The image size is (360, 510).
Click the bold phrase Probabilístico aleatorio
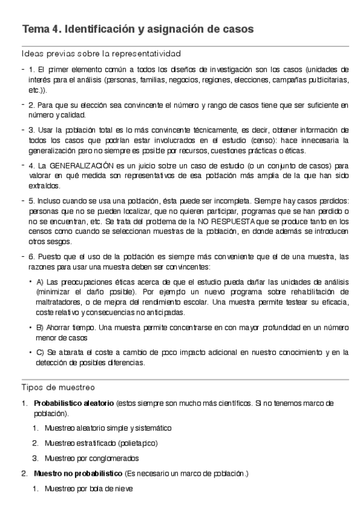point(73,403)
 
